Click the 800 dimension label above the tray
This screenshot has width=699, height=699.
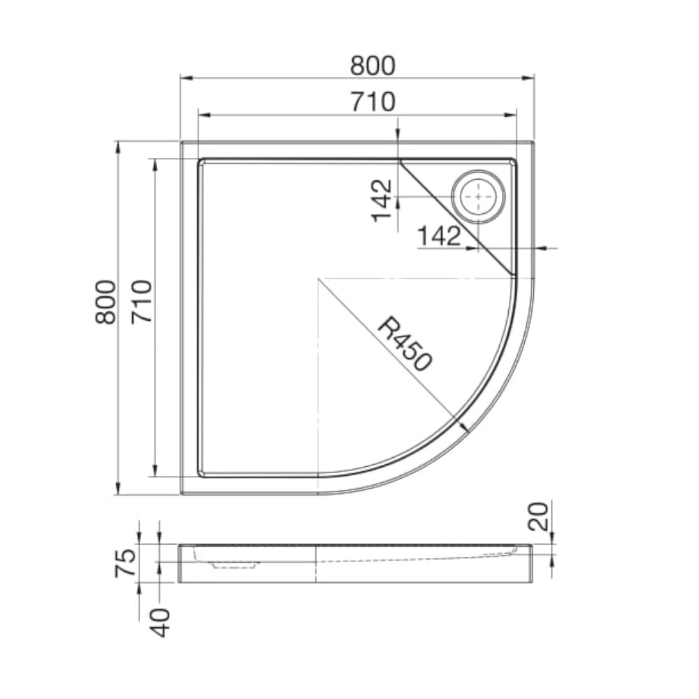coord(373,66)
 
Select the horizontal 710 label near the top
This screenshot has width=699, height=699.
coord(373,102)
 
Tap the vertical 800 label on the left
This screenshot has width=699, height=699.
coord(106,302)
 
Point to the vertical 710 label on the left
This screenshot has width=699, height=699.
coord(142,302)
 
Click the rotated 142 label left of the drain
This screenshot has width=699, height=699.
coord(382,201)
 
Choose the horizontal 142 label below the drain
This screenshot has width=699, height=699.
coord(439,236)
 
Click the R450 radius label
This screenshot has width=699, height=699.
coord(404,344)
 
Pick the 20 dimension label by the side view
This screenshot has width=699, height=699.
coord(538,517)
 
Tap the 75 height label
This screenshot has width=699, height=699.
coord(125,563)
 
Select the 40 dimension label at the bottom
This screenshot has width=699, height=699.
coord(160,623)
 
